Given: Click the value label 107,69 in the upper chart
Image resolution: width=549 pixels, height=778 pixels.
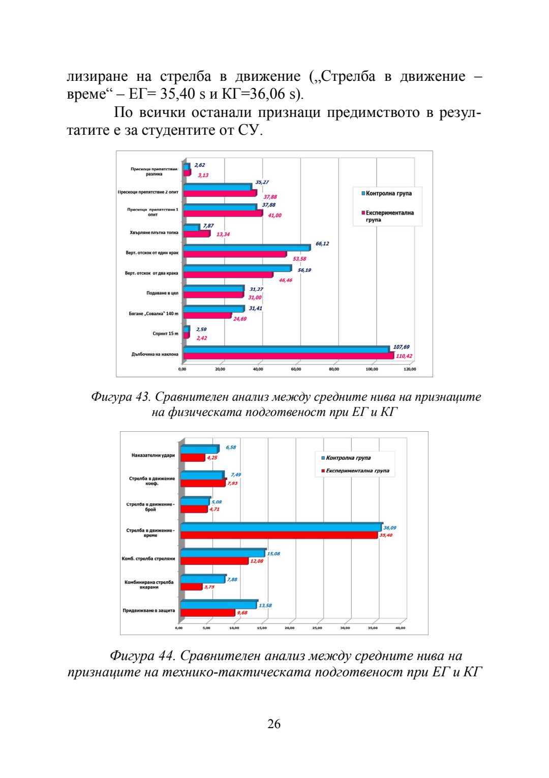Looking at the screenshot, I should (401, 347).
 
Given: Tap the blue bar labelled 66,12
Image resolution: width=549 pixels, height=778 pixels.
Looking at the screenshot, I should (247, 248).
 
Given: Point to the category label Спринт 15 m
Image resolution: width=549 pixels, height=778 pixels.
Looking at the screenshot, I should (165, 334).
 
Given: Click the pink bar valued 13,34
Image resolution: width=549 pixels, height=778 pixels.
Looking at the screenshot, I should (197, 234).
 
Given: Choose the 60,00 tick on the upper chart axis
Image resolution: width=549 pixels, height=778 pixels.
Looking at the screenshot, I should (296, 369).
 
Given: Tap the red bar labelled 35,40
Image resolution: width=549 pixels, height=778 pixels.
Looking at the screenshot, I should (279, 535).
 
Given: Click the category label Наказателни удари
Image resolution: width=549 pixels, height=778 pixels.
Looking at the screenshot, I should (153, 455).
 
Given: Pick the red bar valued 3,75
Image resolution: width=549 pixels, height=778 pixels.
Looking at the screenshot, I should (191, 587).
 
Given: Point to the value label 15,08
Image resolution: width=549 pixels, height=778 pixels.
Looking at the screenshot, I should (273, 553).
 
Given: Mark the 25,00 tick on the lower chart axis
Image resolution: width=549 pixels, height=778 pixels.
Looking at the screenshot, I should (317, 628).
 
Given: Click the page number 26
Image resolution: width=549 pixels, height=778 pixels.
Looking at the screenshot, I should (273, 724).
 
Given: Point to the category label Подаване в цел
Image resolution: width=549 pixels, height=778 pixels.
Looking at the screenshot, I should (162, 293).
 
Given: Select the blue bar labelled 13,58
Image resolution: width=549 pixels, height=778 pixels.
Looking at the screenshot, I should (219, 605).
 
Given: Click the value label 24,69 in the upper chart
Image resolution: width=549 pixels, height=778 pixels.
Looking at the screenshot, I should (240, 319).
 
